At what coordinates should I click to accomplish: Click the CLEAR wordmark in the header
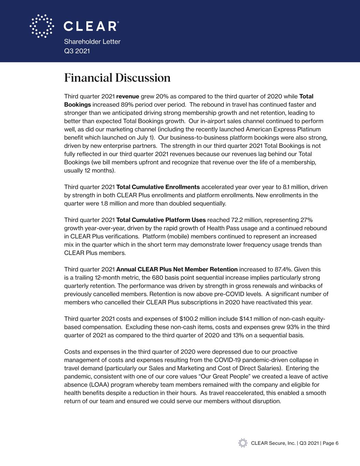[91, 26]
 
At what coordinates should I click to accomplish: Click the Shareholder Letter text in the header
[92, 42]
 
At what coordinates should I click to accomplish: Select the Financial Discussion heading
[117, 78]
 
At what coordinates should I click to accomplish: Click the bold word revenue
[128, 96]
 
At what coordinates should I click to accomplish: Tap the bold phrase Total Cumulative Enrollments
[158, 187]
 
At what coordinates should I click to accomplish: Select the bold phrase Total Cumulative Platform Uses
[161, 220]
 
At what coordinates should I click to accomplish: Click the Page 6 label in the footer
[330, 443]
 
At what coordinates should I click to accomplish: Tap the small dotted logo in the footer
[243, 443]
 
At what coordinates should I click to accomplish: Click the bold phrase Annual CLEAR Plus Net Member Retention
[177, 270]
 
